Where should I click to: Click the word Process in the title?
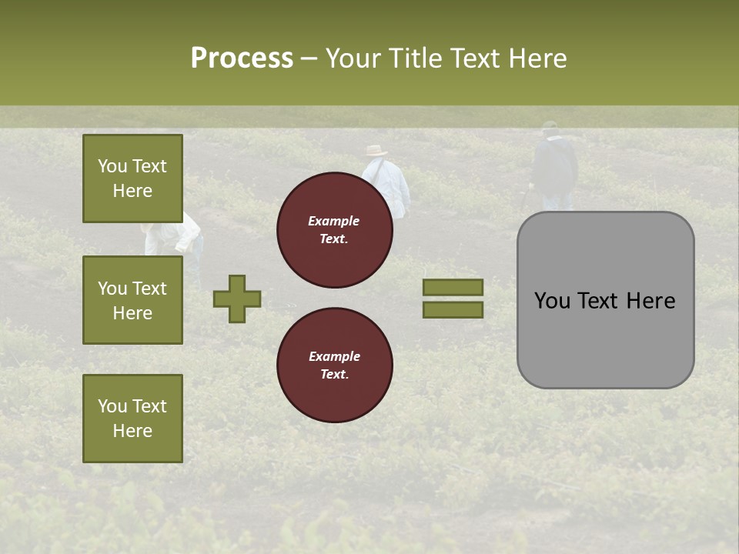click(x=242, y=58)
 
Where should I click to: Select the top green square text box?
click(x=132, y=179)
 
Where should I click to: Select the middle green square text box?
click(x=132, y=300)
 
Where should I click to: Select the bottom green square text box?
click(x=132, y=419)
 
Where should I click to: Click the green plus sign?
click(x=237, y=299)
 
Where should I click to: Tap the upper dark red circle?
click(x=334, y=230)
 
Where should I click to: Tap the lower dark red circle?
click(x=334, y=365)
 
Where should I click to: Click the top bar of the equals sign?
click(x=453, y=288)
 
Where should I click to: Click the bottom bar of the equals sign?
click(x=453, y=310)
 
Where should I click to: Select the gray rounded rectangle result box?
click(x=605, y=300)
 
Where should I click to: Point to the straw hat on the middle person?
click(x=376, y=151)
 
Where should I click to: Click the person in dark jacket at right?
click(x=554, y=169)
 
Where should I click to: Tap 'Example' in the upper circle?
click(x=334, y=221)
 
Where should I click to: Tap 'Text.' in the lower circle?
click(x=334, y=375)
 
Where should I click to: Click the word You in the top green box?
click(x=112, y=166)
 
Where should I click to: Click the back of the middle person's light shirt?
click(x=389, y=181)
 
